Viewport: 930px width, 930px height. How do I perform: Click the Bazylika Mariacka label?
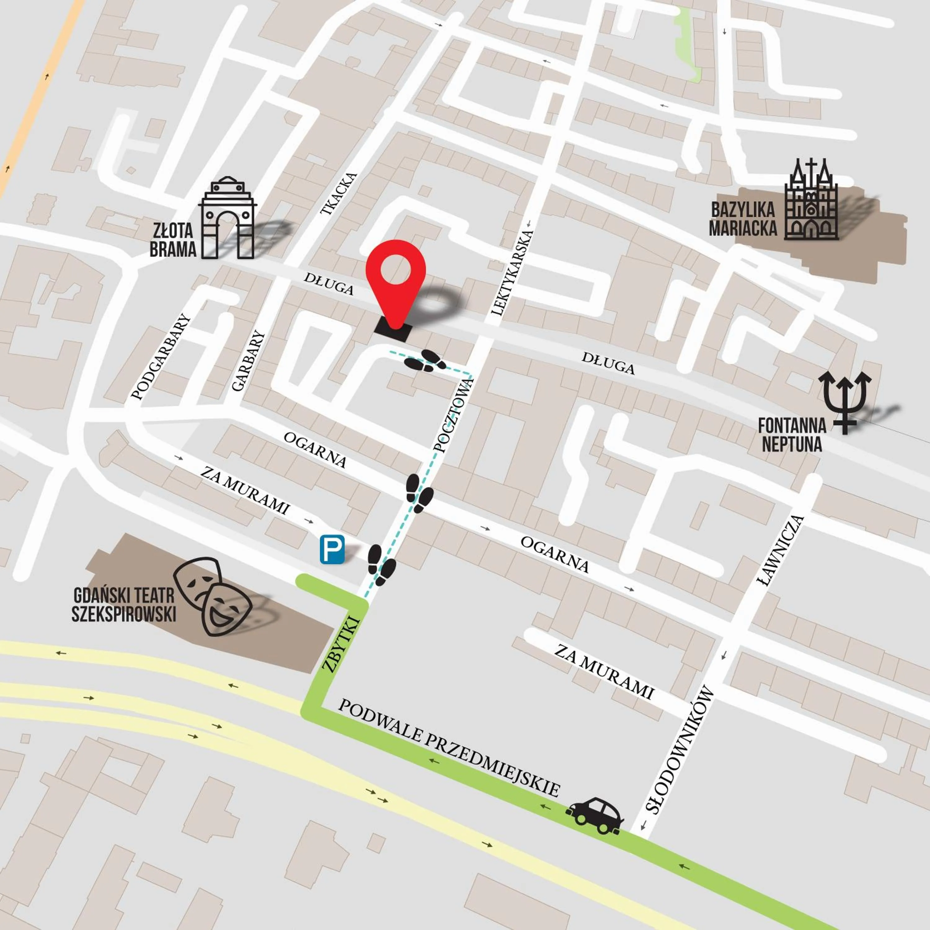coord(743,219)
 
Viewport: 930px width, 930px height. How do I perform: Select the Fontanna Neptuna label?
coord(792,435)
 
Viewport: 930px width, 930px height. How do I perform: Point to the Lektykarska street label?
coord(512,273)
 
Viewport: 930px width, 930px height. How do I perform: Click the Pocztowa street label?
coord(454,415)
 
